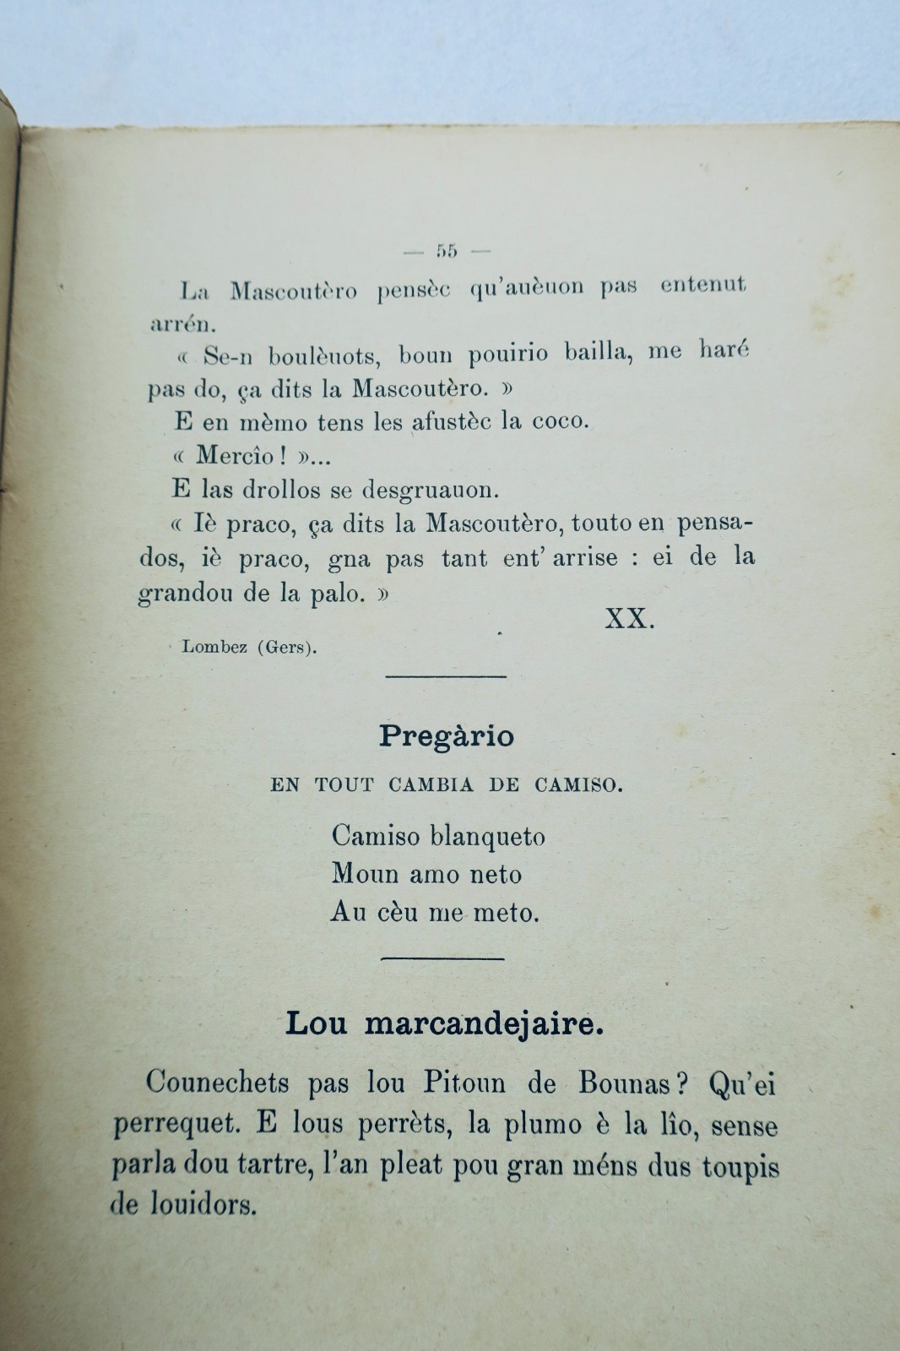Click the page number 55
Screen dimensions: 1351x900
tap(447, 250)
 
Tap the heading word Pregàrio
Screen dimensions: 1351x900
tap(446, 736)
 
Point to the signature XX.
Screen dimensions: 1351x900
tap(630, 619)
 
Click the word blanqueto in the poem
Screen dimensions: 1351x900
tap(487, 837)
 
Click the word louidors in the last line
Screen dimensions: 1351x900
tap(200, 1205)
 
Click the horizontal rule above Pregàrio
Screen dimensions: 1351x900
tap(445, 675)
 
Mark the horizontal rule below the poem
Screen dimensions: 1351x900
tap(443, 958)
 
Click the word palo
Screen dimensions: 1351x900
tap(339, 594)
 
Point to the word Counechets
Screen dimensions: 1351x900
tap(217, 1083)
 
